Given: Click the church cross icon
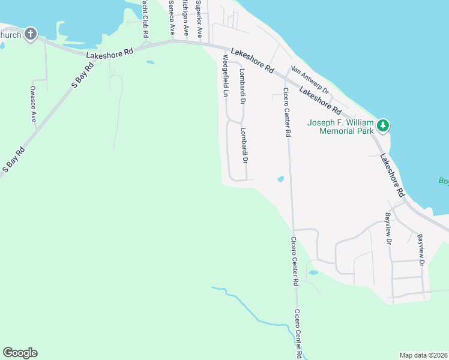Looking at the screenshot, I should click(x=31, y=34).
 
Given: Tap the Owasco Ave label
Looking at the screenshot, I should click(x=34, y=104).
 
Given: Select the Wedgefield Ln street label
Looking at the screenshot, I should click(x=226, y=76).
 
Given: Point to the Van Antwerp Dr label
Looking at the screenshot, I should click(x=310, y=79).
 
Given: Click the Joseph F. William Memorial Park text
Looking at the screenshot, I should click(x=340, y=127).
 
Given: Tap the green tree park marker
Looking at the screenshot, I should click(x=382, y=125).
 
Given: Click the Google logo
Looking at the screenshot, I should click(x=20, y=353).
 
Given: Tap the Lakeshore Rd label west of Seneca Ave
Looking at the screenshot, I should click(x=109, y=54).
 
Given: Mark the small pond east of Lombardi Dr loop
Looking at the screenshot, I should click(x=280, y=179).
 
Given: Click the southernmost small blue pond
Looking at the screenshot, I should click(x=313, y=272).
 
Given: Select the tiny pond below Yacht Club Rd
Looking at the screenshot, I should click(x=149, y=62).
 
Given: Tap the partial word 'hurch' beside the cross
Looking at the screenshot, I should click(x=11, y=35).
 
